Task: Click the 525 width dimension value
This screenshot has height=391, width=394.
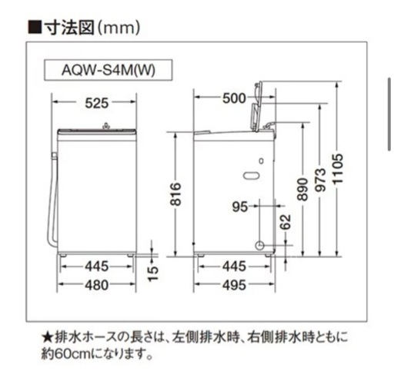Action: point(97,103)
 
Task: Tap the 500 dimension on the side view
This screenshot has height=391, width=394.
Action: point(234,98)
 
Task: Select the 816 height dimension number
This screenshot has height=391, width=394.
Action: point(175,194)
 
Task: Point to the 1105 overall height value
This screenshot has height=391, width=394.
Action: point(338,169)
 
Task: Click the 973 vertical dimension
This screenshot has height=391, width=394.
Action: point(320,181)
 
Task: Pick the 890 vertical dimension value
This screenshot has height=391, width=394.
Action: point(302,190)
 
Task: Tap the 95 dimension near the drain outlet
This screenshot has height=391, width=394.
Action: point(240,207)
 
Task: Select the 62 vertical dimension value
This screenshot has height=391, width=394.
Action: point(285,222)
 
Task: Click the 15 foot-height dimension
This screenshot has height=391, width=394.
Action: point(152,274)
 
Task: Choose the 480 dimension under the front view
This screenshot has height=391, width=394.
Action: point(97,285)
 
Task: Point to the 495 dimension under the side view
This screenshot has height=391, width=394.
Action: point(234,285)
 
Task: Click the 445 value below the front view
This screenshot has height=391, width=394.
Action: point(97,267)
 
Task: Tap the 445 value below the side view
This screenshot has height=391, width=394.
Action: point(234,267)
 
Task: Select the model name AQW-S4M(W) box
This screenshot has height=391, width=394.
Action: point(108,70)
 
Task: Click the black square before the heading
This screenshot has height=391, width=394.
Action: point(35,27)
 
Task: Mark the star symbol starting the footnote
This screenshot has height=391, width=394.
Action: point(48,337)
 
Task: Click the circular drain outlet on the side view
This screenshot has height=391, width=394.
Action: point(259,245)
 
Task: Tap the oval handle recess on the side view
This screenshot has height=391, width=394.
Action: point(251,175)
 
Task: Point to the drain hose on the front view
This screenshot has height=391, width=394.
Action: point(53,200)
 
